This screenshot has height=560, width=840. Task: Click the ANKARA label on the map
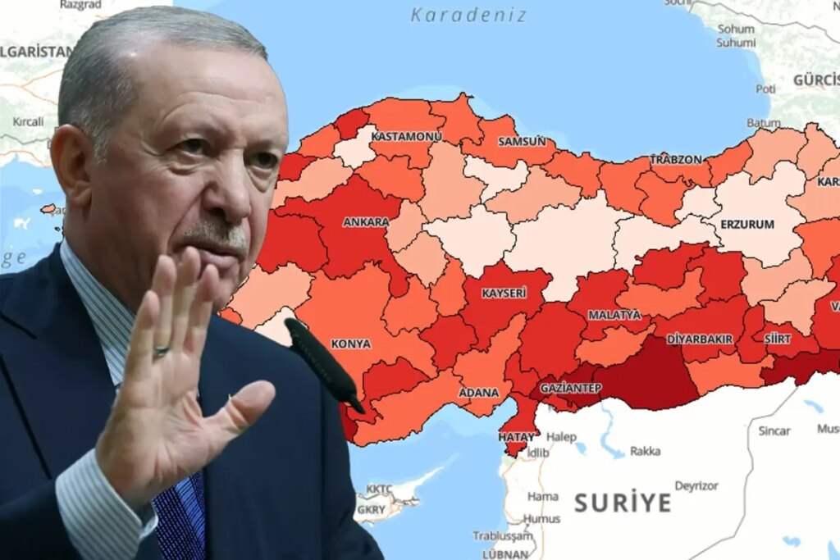(x=366, y=222)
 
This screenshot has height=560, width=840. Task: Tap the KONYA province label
(x=351, y=344)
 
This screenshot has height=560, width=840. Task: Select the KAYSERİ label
(x=504, y=293)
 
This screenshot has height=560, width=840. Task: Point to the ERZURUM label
(x=747, y=224)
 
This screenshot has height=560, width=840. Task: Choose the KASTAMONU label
(x=406, y=136)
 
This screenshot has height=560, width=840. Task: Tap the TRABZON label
(x=677, y=159)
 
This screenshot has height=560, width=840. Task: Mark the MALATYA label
(x=614, y=315)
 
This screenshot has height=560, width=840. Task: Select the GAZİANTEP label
(x=571, y=387)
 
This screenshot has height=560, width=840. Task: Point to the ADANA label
(x=479, y=393)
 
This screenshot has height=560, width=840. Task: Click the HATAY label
(x=517, y=437)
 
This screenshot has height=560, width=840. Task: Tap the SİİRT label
(x=778, y=338)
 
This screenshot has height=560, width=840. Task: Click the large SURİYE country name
(x=623, y=502)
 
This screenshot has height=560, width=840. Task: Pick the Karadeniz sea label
(x=469, y=15)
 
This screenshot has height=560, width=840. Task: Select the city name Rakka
(x=645, y=451)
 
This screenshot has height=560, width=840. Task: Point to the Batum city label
(x=763, y=123)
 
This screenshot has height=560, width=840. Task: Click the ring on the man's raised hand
(x=161, y=351)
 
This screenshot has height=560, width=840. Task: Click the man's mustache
(x=215, y=234)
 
